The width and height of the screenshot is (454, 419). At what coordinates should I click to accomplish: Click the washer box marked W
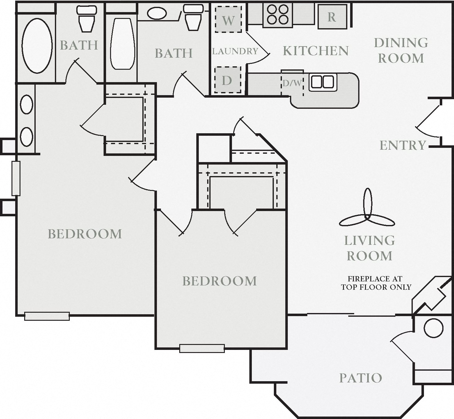(228, 20)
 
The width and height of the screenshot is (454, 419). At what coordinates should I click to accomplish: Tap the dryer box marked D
(228, 80)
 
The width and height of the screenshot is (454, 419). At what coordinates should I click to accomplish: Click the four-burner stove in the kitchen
(278, 15)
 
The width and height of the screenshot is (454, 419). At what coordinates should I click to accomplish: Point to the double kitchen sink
(323, 82)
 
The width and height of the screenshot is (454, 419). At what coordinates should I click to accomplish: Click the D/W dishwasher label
(292, 83)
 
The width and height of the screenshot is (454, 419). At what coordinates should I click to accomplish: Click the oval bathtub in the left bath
(37, 46)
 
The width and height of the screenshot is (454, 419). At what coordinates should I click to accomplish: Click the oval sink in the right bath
(157, 13)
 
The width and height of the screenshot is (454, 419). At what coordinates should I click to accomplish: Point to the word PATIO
(361, 378)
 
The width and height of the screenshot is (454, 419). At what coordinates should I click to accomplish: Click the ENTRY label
(403, 145)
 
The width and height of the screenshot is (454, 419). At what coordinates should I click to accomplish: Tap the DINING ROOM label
(401, 51)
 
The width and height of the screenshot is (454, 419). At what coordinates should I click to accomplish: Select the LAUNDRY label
(235, 51)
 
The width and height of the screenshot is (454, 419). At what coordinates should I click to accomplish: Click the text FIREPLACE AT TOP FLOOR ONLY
(376, 283)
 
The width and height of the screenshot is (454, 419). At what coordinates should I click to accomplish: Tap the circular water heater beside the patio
(433, 328)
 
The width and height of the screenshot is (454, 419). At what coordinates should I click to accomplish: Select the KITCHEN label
(316, 51)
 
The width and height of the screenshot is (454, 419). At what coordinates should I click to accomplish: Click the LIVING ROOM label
(369, 248)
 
